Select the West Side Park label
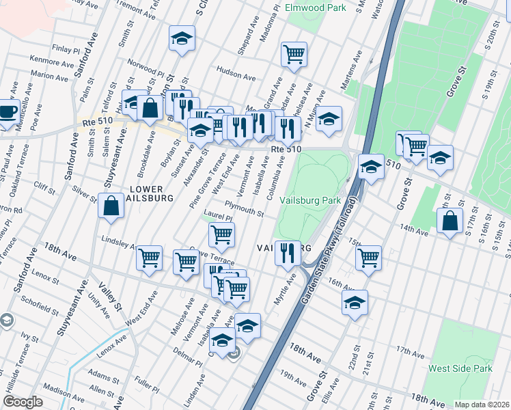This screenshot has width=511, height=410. coord(460,368)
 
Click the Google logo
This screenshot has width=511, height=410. coord(22,402)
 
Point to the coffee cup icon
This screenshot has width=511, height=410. coord(7,111)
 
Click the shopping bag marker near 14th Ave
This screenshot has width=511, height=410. coord(450,220)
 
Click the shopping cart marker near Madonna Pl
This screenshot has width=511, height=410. coord(294,54)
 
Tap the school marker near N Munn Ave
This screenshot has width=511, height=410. coord(329,119)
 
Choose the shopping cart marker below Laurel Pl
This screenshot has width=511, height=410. coord(221,234)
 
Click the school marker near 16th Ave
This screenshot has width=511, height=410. coord(355,302)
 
